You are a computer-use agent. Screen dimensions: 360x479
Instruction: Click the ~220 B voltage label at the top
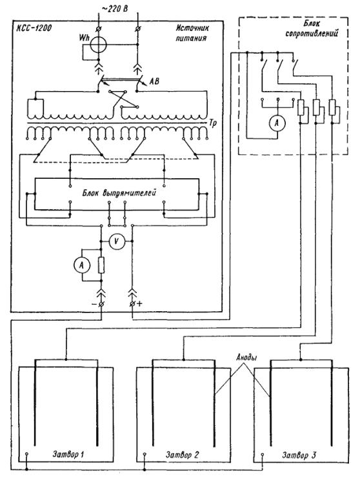pos(114,8)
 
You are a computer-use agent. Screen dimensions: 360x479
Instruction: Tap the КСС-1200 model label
pos(34,28)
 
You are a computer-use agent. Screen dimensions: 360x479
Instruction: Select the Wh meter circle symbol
pos(98,45)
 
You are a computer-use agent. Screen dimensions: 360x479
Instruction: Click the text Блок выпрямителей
pos(119,194)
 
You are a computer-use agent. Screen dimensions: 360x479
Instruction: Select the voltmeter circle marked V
pos(116,241)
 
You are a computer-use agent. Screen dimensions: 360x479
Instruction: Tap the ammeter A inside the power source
pos(81,265)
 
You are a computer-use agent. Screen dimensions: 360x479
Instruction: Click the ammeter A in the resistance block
pos(277,123)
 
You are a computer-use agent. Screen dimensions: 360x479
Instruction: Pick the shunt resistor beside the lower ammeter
pos(101,265)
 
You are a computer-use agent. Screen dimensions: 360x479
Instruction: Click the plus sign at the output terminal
pos(139,303)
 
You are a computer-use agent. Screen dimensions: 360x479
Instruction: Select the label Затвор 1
pos(68,455)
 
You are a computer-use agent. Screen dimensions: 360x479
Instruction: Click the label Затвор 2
pos(183,455)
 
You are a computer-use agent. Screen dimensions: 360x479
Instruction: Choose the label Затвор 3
pos(299,456)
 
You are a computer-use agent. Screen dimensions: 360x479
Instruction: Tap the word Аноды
pos(246,358)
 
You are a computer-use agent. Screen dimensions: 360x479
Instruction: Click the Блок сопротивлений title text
pos(312,28)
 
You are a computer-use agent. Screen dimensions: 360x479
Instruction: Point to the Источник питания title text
pos(192,33)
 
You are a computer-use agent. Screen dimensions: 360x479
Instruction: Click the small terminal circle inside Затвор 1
pos(27,454)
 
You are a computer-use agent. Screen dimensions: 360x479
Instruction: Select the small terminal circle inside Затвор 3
pos(263,454)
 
